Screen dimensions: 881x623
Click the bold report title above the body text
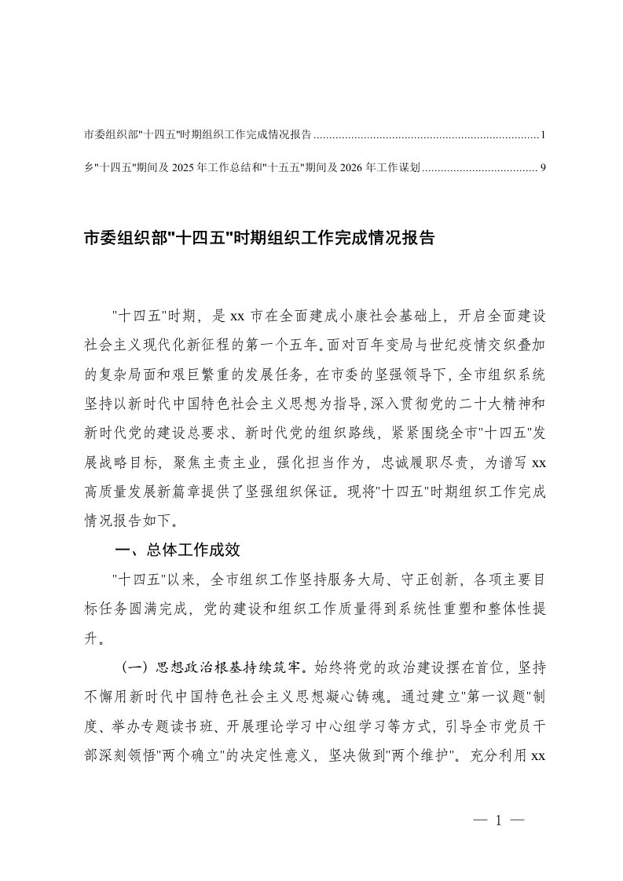point(258,238)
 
